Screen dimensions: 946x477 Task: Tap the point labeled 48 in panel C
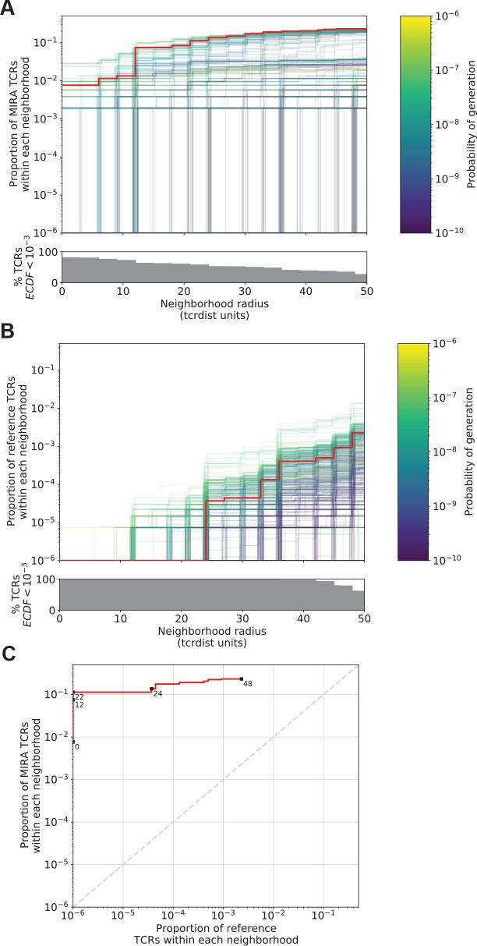pyautogui.click(x=242, y=678)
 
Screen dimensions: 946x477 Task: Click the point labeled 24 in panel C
pyautogui.click(x=152, y=689)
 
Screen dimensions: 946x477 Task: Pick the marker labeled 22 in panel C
pyautogui.click(x=73, y=693)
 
